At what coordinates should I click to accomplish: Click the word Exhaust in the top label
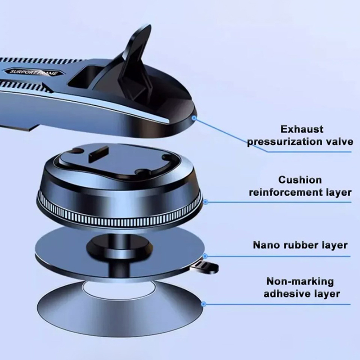tap(301, 129)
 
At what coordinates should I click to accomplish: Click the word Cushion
tap(300, 180)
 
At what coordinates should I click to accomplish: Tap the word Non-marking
tap(300, 282)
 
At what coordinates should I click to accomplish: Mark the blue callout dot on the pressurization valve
tap(194, 118)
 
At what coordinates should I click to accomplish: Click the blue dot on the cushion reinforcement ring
tap(206, 202)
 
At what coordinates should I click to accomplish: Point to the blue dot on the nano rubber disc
tap(205, 256)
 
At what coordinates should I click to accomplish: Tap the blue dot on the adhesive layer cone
tap(203, 304)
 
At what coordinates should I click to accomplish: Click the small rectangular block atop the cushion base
tap(98, 153)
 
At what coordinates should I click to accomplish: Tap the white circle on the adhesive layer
tap(119, 290)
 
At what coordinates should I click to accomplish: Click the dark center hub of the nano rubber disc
tap(119, 247)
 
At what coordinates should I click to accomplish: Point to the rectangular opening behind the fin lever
tap(85, 77)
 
